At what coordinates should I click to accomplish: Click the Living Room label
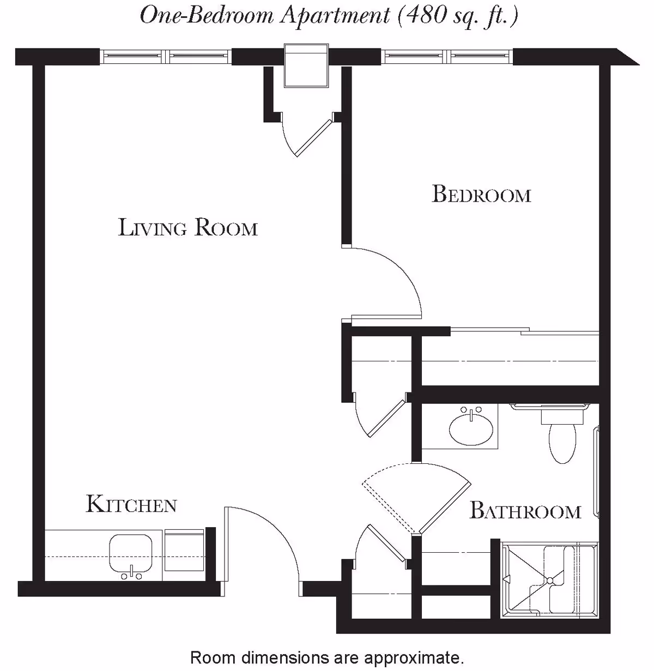coord(188,227)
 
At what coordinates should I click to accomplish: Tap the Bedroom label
coord(481,195)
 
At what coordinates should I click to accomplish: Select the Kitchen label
coord(131,504)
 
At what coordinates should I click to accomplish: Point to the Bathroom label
coord(525,511)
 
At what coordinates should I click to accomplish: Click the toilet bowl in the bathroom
coord(562,443)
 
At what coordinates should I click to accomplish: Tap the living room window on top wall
coord(166,56)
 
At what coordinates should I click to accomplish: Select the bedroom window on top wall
coord(447,56)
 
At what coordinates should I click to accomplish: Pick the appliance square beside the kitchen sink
coord(184,549)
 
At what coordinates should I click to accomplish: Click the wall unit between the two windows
coord(307,65)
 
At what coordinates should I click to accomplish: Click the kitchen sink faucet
coord(131,572)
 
